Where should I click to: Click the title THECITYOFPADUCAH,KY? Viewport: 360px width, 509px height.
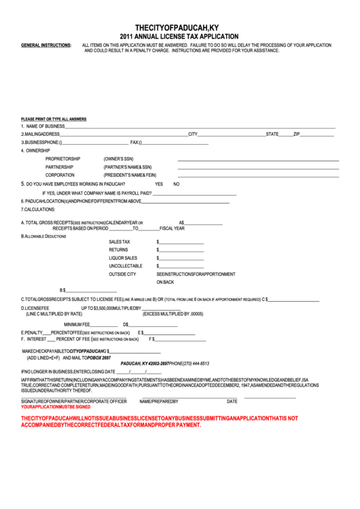179,26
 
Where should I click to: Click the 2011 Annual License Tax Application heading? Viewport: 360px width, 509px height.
179,36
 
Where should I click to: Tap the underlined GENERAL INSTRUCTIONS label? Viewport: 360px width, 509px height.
46,45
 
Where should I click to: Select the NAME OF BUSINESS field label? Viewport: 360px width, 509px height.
45,126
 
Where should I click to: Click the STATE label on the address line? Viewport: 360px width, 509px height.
272,134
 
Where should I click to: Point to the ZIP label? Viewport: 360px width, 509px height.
296,134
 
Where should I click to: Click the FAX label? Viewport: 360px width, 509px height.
134,142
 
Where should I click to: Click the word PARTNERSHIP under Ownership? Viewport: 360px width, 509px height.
60,166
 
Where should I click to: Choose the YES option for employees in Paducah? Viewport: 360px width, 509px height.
159,184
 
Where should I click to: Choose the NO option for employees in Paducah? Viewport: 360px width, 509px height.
176,184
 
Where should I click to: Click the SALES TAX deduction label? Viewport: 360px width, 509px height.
120,242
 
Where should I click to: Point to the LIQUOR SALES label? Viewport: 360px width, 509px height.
123,258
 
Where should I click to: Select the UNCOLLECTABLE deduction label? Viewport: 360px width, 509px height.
126,266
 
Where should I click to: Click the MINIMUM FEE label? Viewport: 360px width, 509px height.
77,324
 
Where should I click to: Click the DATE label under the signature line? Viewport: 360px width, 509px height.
232,402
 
